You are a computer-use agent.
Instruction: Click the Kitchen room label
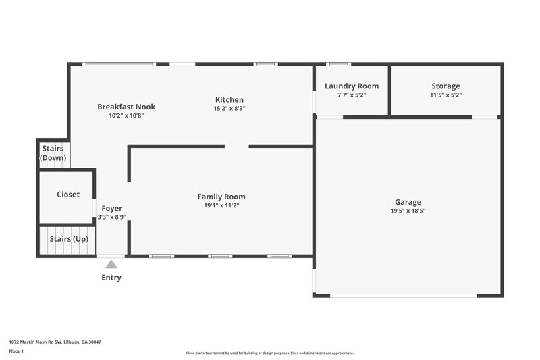(229, 100)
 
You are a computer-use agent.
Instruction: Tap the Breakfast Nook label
(126, 107)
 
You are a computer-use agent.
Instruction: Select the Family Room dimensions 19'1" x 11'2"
(221, 205)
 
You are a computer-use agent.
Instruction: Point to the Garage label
(408, 202)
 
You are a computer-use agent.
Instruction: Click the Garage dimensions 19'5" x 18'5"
(408, 211)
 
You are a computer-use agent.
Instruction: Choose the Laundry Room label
(351, 86)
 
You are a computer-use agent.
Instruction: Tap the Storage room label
(446, 86)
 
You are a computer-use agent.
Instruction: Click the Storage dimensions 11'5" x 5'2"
(446, 95)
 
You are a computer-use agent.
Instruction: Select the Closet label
(68, 195)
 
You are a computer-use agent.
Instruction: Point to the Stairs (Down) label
(53, 153)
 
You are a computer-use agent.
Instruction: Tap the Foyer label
(112, 209)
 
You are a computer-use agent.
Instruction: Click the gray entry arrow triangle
(111, 265)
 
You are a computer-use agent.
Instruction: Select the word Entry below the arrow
(111, 278)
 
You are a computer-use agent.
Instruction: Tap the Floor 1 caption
(16, 351)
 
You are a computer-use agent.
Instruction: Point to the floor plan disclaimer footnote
(269, 353)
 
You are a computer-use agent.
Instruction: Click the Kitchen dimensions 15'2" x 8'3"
(229, 108)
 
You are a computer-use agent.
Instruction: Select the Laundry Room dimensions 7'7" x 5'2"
(351, 95)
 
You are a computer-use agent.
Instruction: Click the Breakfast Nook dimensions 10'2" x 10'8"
(126, 115)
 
